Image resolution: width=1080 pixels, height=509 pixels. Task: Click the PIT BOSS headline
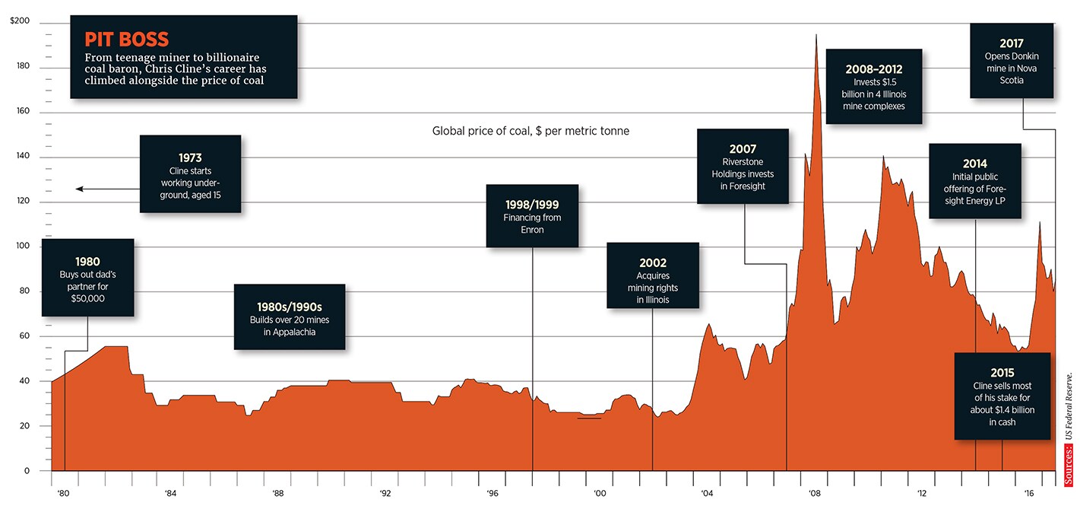[x=127, y=39]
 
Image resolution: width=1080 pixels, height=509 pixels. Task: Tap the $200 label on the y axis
[x=20, y=21]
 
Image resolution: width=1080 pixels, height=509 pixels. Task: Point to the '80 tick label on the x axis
[x=62, y=493]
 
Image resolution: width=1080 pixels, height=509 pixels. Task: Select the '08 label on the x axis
[x=814, y=493]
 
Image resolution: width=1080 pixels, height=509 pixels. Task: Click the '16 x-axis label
[x=1029, y=493]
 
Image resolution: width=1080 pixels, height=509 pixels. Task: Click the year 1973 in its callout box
[x=190, y=158]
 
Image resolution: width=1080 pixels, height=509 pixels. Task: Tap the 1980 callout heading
[x=87, y=262]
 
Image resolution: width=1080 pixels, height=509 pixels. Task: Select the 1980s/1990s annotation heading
[x=290, y=307]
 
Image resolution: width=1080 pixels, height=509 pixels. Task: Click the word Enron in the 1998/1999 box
[x=532, y=230]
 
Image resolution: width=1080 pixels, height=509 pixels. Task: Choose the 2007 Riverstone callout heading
[x=743, y=149]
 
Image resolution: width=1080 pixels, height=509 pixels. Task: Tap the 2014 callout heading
[x=975, y=164]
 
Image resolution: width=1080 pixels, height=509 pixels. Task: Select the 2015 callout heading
[x=1002, y=373]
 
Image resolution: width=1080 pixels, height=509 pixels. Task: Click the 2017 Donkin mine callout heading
[x=1011, y=43]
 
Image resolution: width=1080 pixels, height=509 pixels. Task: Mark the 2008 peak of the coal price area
[x=816, y=36]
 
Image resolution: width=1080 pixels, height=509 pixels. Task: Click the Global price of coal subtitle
[x=530, y=131]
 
